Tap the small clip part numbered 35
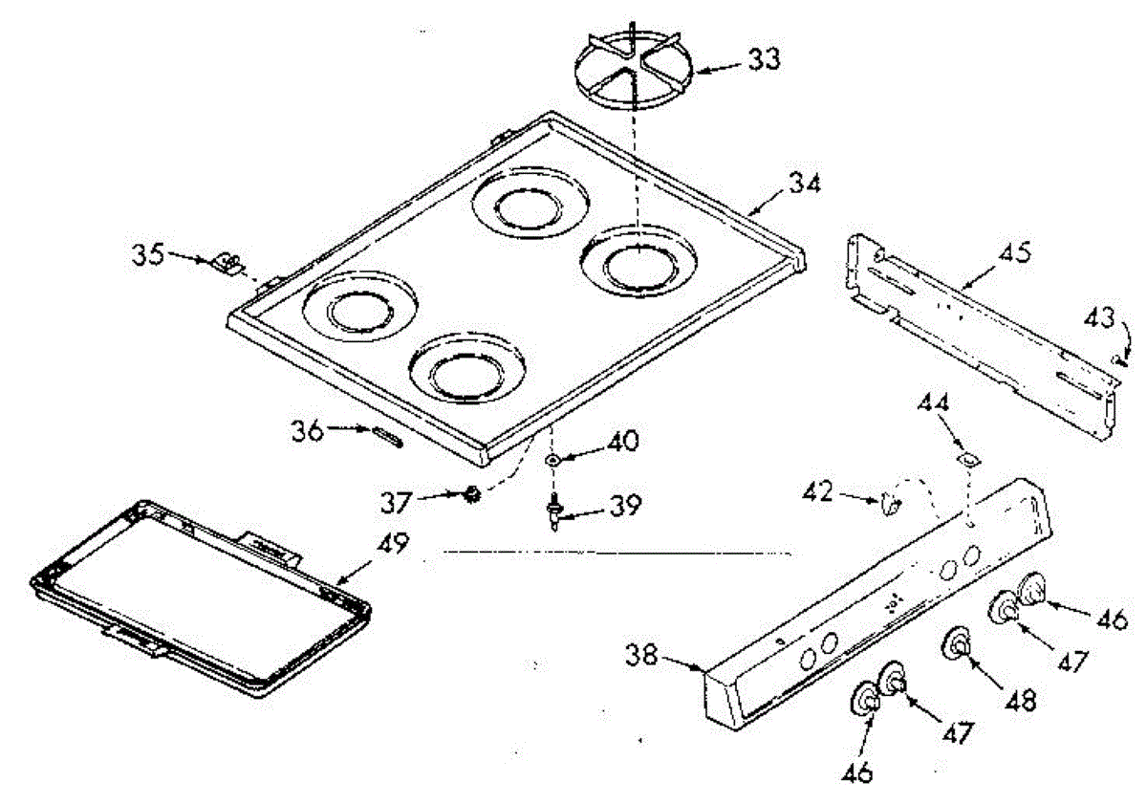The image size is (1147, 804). coord(228,261)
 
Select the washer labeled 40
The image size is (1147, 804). coord(552,461)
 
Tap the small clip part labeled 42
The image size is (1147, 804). coord(892,502)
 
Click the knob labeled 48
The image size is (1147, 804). coord(957,645)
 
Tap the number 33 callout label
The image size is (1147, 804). coord(763,59)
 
